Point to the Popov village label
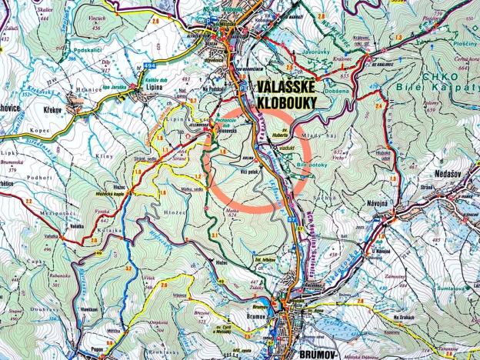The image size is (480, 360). click(x=96, y=337)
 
